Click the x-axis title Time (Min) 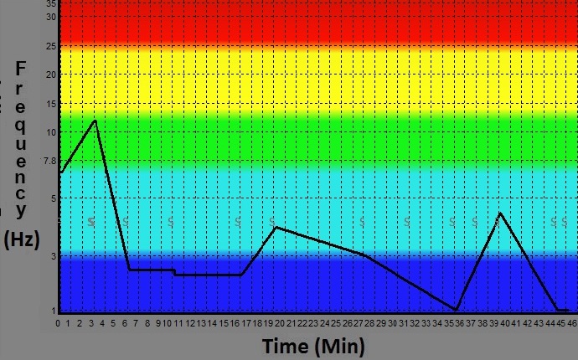tap(313, 346)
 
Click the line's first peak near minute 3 tap(95, 121)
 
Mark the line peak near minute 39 tap(500, 213)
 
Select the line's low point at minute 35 tap(456, 310)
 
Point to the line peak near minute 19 tap(276, 227)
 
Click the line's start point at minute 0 tap(59, 173)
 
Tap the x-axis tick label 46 tap(571, 323)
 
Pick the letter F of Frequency tap(22, 68)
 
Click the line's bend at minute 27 tap(364, 255)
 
